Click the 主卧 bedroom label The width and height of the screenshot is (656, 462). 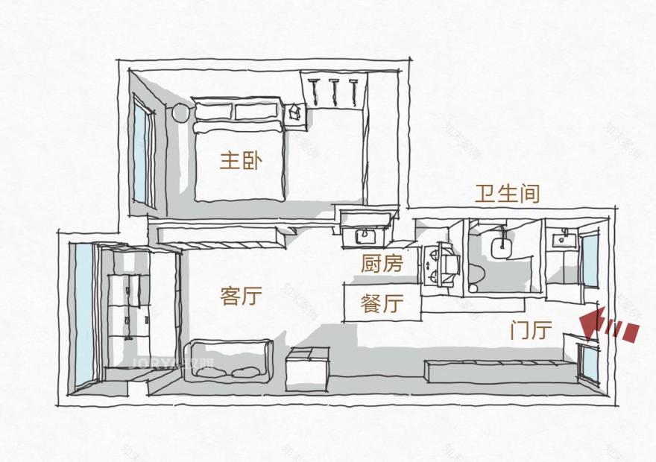(240, 161)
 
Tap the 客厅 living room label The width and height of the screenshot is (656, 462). (241, 296)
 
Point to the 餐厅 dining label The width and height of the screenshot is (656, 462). (382, 303)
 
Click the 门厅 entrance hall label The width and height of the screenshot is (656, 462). (531, 329)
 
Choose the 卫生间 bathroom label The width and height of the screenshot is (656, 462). (507, 194)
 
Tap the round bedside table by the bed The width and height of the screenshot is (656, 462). (181, 113)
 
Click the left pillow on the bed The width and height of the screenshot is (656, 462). (213, 111)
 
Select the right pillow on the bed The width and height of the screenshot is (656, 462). (258, 111)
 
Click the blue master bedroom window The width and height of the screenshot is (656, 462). (139, 156)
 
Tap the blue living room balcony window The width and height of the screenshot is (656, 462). (83, 313)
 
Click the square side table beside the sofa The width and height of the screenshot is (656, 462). (306, 369)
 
